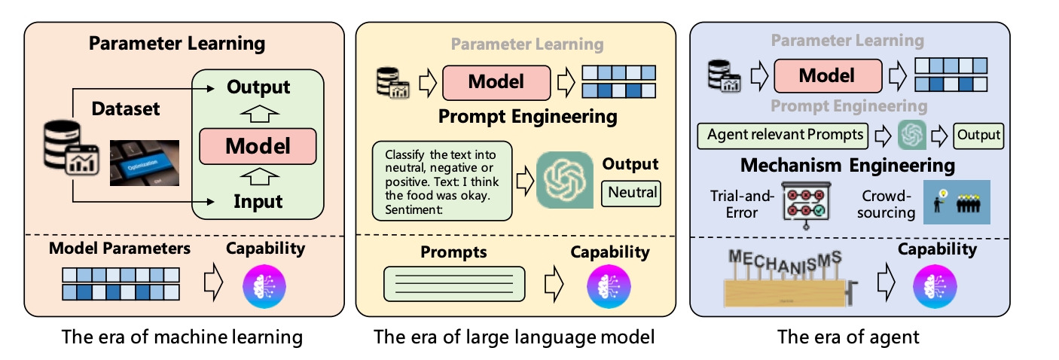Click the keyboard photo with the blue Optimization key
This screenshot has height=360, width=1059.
(x=145, y=163)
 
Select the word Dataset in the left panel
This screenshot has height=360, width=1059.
(x=126, y=108)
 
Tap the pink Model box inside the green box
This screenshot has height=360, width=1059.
(x=258, y=146)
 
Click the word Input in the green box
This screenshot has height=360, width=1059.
(x=258, y=201)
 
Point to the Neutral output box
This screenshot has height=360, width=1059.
(x=631, y=194)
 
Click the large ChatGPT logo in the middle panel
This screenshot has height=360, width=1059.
(x=565, y=180)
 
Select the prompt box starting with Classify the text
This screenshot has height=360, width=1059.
(x=442, y=181)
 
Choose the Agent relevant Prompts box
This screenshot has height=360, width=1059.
(x=783, y=136)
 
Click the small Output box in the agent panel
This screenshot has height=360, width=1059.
(x=978, y=136)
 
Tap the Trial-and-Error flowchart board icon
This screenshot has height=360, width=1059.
(x=806, y=205)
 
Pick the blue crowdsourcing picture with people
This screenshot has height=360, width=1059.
(x=957, y=202)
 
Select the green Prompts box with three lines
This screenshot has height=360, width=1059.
(x=454, y=284)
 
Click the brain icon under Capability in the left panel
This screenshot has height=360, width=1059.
(x=264, y=286)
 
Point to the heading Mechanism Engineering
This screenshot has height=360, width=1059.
(x=847, y=166)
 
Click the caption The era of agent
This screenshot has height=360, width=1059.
(x=848, y=337)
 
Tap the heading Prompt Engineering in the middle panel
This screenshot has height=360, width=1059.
(x=527, y=116)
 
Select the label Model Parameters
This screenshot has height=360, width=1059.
(x=120, y=248)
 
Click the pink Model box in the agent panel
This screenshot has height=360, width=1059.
(x=828, y=75)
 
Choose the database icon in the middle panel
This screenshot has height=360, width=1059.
(x=392, y=83)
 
